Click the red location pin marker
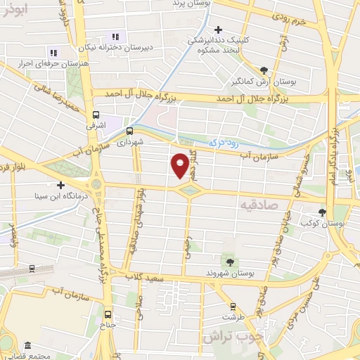click(x=181, y=165)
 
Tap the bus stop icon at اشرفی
click(x=96, y=115)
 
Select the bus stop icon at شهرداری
click(x=129, y=131)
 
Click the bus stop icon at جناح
click(x=108, y=314)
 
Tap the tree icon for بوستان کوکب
click(x=323, y=212)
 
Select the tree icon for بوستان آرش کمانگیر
click(x=264, y=70)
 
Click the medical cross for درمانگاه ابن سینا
click(x=62, y=186)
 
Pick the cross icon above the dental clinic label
click(x=219, y=30)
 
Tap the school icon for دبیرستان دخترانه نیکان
click(x=115, y=37)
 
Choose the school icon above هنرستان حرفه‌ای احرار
click(x=53, y=52)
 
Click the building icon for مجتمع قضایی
click(x=27, y=346)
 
